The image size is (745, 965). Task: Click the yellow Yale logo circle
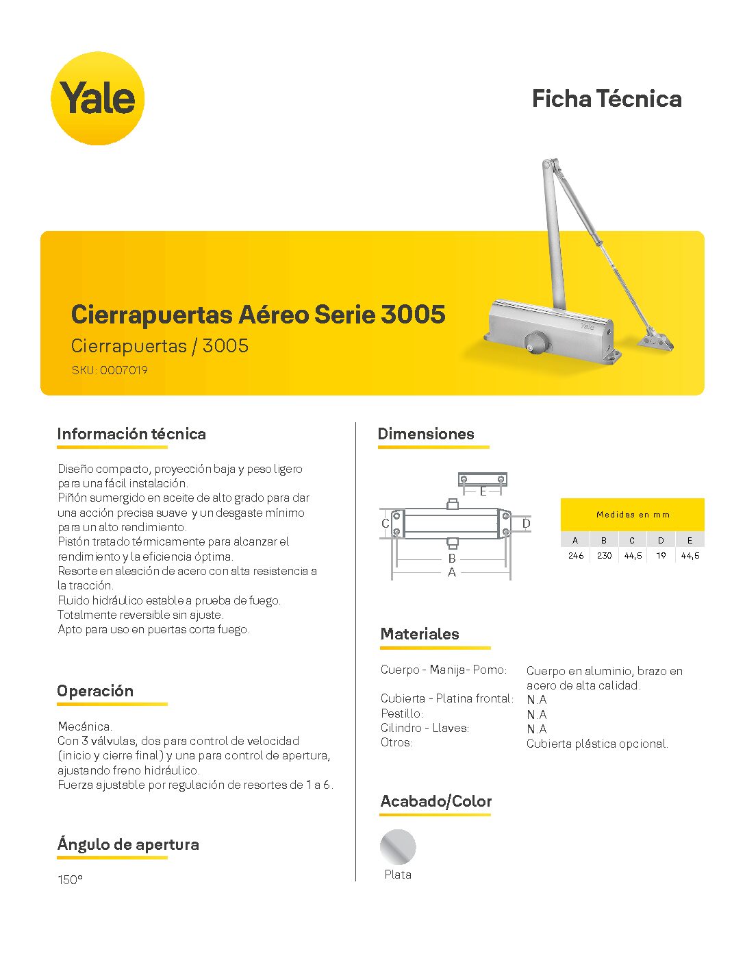pyautogui.click(x=97, y=98)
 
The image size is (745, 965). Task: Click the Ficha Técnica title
pyautogui.click(x=607, y=99)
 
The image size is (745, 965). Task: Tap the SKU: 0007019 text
pyautogui.click(x=110, y=370)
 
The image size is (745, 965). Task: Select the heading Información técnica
pyautogui.click(x=131, y=434)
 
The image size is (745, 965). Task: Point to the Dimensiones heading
pyautogui.click(x=426, y=434)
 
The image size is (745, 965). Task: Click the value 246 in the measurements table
pyautogui.click(x=575, y=556)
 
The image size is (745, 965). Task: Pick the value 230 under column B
pyautogui.click(x=604, y=556)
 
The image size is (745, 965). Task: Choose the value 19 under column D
pyautogui.click(x=661, y=556)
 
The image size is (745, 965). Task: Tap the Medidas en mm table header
pyautogui.click(x=633, y=515)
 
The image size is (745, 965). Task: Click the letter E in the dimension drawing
pyautogui.click(x=483, y=491)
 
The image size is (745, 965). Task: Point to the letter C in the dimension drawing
pyautogui.click(x=385, y=524)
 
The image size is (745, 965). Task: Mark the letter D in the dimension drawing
pyautogui.click(x=526, y=524)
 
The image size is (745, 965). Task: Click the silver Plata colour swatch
pyautogui.click(x=398, y=847)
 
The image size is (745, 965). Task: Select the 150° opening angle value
pyautogui.click(x=70, y=880)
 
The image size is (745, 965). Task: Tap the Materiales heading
pyautogui.click(x=420, y=634)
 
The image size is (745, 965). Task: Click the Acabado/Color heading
pyautogui.click(x=436, y=801)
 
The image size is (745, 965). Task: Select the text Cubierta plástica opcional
pyautogui.click(x=597, y=744)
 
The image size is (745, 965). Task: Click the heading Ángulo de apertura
pyautogui.click(x=128, y=844)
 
